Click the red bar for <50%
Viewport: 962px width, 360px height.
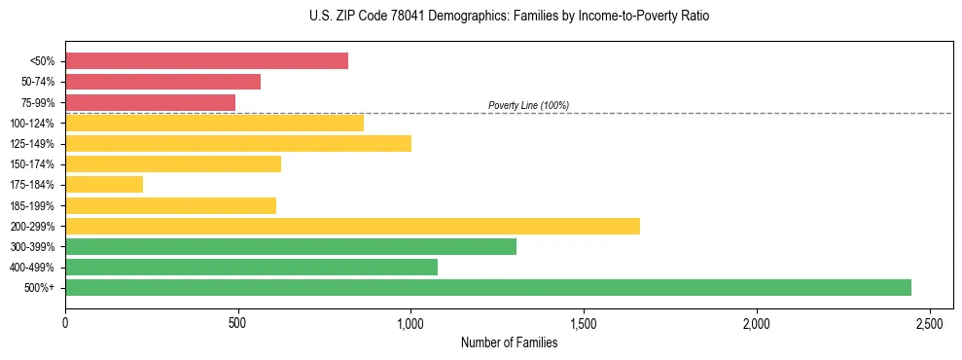[x=206, y=61]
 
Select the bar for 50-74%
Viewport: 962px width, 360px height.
[x=162, y=82]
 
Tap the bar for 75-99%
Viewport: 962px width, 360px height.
[x=150, y=102]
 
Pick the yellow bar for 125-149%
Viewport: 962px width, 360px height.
[x=238, y=143]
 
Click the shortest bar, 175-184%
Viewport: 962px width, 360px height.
[x=104, y=184]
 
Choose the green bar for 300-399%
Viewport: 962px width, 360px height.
[x=291, y=246]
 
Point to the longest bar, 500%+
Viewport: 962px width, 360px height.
[x=488, y=287]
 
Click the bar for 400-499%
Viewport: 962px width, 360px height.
[x=251, y=267]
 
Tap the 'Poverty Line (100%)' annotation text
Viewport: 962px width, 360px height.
[x=528, y=105]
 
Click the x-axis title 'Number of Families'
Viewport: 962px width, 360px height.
[x=509, y=342]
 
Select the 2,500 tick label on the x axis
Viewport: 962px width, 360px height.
[x=929, y=322]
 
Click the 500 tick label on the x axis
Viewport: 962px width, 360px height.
[x=237, y=322]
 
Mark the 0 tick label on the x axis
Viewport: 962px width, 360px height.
[x=65, y=322]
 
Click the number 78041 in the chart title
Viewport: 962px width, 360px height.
[x=379, y=17]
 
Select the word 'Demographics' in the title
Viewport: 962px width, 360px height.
[x=434, y=17]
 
